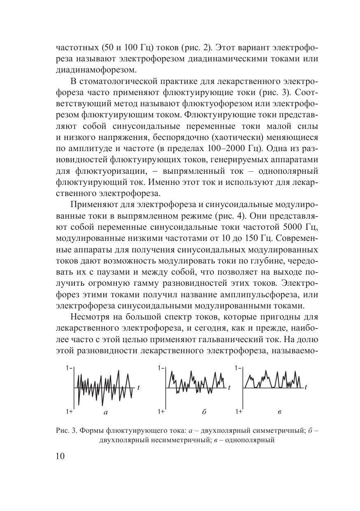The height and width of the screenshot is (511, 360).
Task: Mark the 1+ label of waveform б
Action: tap(161, 411)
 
